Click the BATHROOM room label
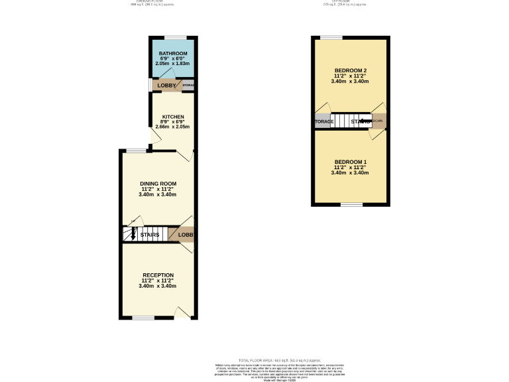[172, 53]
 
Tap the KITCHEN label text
[172, 117]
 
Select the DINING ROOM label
[158, 183]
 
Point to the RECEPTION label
[158, 275]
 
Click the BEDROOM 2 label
[350, 70]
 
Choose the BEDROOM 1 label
[350, 162]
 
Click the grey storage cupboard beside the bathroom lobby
[188, 86]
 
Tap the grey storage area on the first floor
[323, 121]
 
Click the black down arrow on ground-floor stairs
[133, 234]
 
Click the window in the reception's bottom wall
[142, 318]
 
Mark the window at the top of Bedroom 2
[331, 37]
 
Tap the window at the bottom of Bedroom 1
[352, 205]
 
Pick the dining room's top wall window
[137, 151]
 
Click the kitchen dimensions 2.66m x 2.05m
[172, 127]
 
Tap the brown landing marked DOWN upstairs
[378, 121]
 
